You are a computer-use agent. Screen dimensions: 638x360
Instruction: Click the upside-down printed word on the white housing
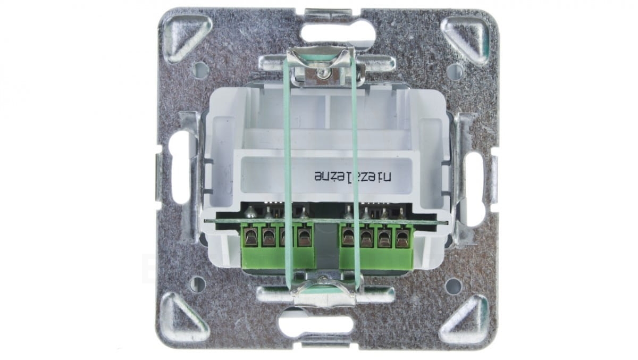coord(353,177)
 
